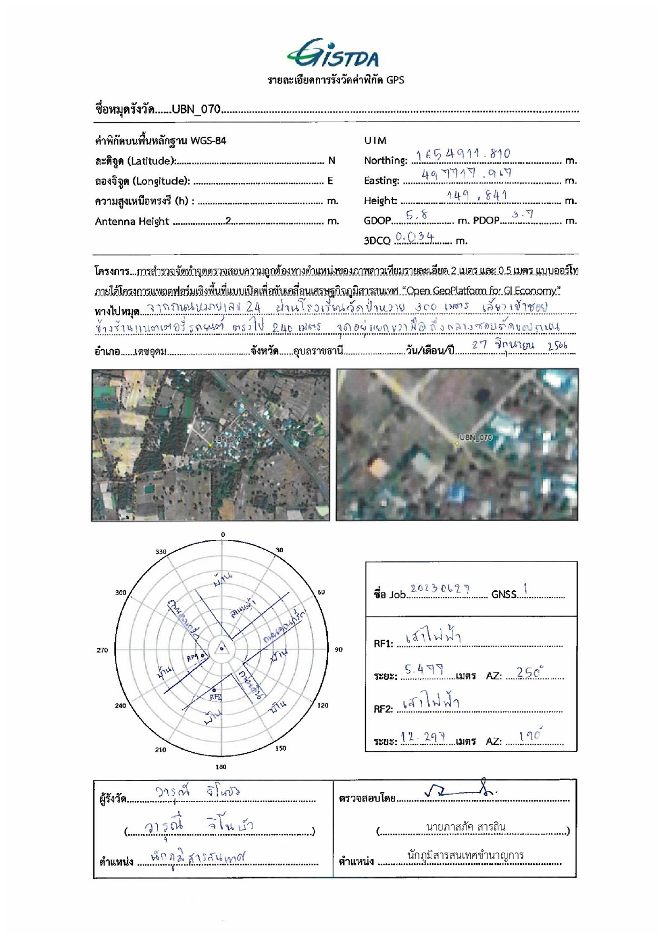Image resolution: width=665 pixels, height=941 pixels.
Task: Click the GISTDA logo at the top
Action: (332, 54)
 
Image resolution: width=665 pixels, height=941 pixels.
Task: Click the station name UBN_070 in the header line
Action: (196, 109)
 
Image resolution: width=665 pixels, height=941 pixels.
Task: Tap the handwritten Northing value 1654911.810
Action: (463, 155)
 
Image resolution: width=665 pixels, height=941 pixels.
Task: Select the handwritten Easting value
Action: (466, 174)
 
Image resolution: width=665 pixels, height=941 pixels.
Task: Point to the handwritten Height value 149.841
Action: (477, 196)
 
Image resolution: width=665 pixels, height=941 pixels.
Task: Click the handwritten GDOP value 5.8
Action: (417, 216)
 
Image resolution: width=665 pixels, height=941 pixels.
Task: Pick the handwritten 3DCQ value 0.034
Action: (415, 236)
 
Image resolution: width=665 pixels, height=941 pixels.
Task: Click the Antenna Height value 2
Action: (228, 221)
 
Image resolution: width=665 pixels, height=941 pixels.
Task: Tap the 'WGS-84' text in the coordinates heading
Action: (208, 141)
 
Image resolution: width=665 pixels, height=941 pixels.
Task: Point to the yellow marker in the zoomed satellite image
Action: (457, 444)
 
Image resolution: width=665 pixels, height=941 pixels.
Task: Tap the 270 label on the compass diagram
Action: (102, 650)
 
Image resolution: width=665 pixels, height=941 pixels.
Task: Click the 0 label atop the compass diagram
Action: (223, 535)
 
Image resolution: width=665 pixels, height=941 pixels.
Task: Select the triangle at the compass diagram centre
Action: (221, 648)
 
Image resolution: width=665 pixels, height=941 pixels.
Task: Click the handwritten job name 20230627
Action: (440, 589)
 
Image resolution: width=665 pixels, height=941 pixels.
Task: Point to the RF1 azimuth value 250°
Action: (530, 672)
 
